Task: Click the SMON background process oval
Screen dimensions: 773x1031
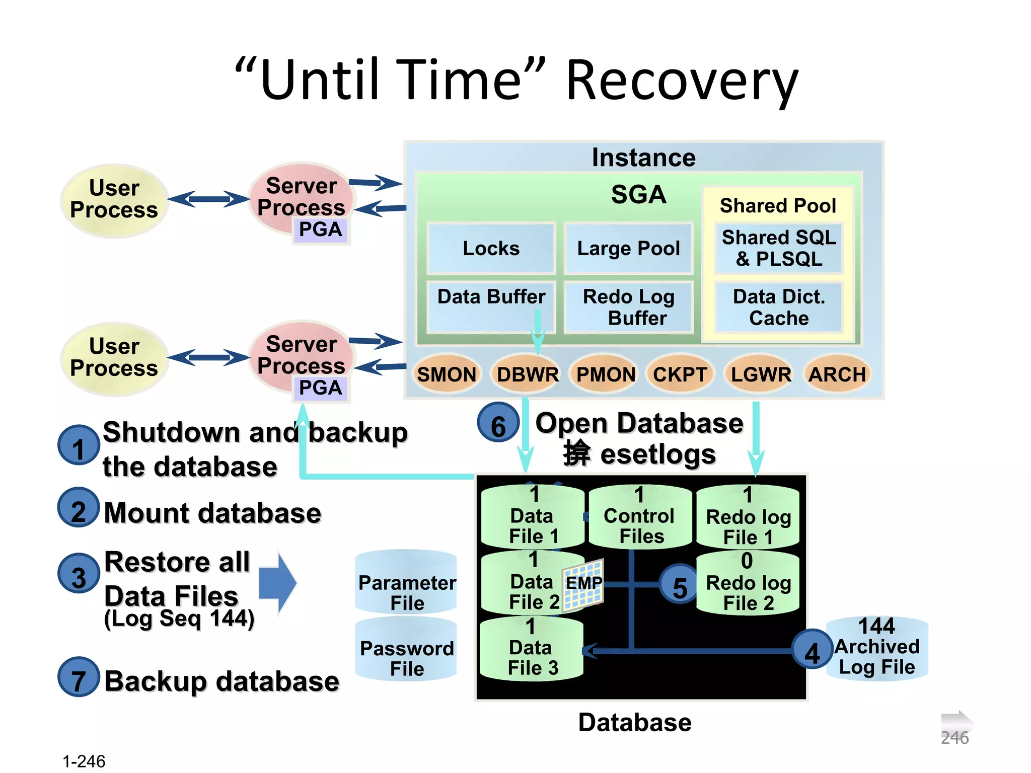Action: click(x=446, y=374)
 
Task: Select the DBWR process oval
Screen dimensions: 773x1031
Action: click(x=527, y=374)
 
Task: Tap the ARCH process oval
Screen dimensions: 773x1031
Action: click(x=837, y=374)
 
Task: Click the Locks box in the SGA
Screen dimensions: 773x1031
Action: click(x=491, y=248)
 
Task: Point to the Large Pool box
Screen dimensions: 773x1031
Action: click(x=628, y=248)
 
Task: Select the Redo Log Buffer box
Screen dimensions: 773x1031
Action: click(x=628, y=307)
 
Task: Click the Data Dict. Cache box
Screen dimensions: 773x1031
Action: click(x=779, y=307)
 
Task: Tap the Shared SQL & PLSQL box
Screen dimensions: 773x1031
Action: click(x=779, y=248)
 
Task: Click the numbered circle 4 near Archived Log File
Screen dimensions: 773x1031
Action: click(x=812, y=650)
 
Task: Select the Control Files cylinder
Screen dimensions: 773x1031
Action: click(x=640, y=518)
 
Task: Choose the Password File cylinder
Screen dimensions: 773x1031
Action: click(x=406, y=651)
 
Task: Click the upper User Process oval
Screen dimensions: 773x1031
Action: click(x=114, y=200)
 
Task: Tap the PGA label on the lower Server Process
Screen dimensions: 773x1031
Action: click(x=321, y=388)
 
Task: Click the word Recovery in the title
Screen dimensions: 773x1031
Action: click(x=682, y=81)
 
